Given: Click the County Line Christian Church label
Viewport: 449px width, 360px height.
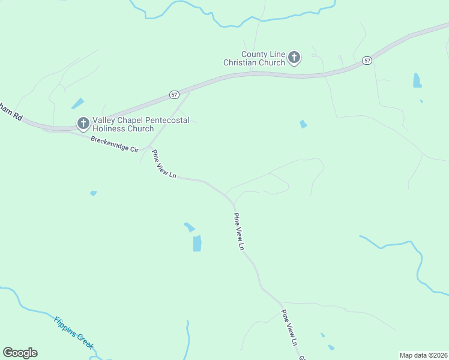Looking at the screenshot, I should [x=255, y=58].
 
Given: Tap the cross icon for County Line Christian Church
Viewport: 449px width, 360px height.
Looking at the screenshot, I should [x=294, y=58].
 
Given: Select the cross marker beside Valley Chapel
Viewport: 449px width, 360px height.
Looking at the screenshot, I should [x=83, y=124].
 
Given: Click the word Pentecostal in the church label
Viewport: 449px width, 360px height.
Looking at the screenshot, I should [x=163, y=120].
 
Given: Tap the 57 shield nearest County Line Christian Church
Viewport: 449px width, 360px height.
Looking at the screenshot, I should [x=367, y=61].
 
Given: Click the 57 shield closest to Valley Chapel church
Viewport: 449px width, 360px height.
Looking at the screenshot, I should [x=174, y=95].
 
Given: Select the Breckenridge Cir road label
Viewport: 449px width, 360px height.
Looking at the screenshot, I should [x=114, y=144].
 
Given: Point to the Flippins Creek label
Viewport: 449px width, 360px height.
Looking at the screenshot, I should [x=74, y=332].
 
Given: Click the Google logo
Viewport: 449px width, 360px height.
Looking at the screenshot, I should [x=20, y=353].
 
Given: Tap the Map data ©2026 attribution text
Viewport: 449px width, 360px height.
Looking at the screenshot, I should [x=424, y=355].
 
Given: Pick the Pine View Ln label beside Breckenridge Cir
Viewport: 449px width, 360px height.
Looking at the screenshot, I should [x=164, y=164].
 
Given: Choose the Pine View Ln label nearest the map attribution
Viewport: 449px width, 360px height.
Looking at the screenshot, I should [x=290, y=328].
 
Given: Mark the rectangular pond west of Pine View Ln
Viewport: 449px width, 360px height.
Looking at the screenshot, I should [x=197, y=243].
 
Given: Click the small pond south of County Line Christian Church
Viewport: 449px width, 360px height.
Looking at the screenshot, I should [x=303, y=124].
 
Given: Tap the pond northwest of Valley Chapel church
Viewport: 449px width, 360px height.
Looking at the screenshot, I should [x=77, y=104].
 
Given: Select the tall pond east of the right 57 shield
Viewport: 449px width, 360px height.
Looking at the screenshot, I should [x=417, y=80].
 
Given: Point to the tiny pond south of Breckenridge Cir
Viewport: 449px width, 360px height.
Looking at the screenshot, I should [x=93, y=193].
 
